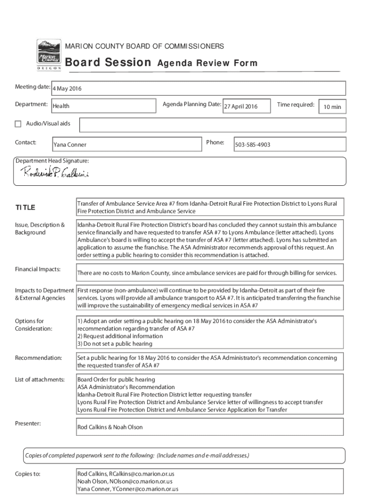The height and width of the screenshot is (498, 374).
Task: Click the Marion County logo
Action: pos(49,55)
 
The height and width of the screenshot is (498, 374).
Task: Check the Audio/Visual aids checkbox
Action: pos(18,124)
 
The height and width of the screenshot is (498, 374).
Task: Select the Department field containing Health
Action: pos(61,106)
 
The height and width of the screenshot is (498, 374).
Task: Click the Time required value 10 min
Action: pos(332,107)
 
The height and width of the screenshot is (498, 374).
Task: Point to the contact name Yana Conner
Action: pos(70,145)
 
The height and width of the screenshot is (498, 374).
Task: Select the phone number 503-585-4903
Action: pos(253,145)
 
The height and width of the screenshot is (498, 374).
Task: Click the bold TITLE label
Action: pos(25,208)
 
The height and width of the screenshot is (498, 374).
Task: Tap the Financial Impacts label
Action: pos(37,269)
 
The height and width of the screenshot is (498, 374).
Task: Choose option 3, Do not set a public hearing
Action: pos(115,344)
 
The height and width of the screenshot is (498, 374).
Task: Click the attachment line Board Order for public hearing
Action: pos(116,379)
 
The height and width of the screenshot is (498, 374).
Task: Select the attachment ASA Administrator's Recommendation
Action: pos(126,387)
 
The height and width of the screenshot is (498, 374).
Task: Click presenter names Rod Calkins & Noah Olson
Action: pos(110,427)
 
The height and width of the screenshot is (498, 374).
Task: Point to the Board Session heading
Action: pos(108,63)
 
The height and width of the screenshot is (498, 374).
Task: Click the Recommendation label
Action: pos(38,358)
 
